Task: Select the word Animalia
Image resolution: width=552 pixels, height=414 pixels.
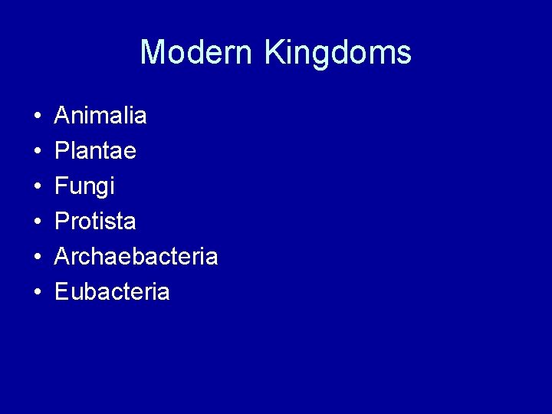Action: pos(100,116)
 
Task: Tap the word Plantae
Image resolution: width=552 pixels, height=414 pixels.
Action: pos(95,151)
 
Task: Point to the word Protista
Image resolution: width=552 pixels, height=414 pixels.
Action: pos(95,222)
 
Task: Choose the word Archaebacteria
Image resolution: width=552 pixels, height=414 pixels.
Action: pos(136,257)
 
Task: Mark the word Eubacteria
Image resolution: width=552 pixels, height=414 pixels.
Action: pos(112,292)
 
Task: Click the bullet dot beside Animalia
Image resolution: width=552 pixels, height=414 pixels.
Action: pos(37,117)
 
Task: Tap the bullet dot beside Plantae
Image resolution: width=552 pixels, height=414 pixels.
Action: pos(37,153)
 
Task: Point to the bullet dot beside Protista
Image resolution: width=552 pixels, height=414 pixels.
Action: pos(37,223)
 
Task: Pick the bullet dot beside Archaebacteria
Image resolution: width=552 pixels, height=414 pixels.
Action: pos(37,258)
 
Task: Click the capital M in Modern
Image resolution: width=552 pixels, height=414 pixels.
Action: pos(153,53)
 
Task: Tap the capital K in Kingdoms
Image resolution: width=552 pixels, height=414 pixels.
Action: pos(275,53)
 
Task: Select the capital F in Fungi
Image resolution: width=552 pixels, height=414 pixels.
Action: pos(61,186)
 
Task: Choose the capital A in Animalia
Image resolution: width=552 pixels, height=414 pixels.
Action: pos(63,116)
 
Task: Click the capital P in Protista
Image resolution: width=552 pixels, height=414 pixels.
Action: pos(62,222)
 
